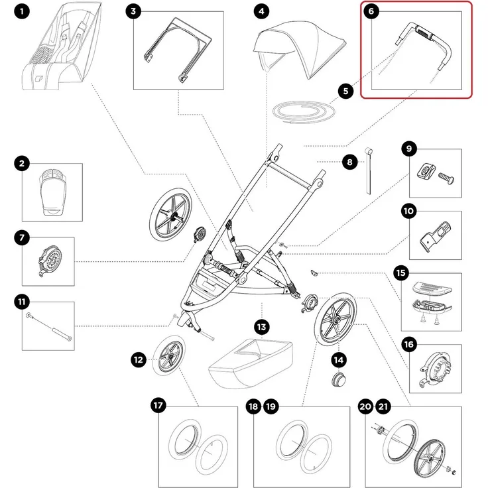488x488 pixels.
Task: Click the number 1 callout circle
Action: (23, 12)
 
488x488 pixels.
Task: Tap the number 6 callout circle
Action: (373, 13)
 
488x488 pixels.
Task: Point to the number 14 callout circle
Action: (339, 359)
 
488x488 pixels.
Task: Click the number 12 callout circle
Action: (138, 359)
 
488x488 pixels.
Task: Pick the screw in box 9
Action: (446, 177)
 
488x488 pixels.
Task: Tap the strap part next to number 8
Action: (367, 170)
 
